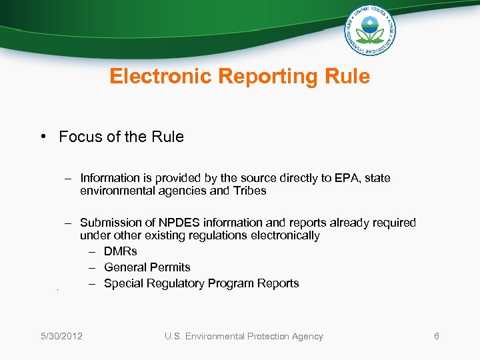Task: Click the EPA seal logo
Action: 370,30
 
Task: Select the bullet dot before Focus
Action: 42,137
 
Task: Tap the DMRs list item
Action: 121,251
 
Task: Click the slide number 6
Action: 437,336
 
